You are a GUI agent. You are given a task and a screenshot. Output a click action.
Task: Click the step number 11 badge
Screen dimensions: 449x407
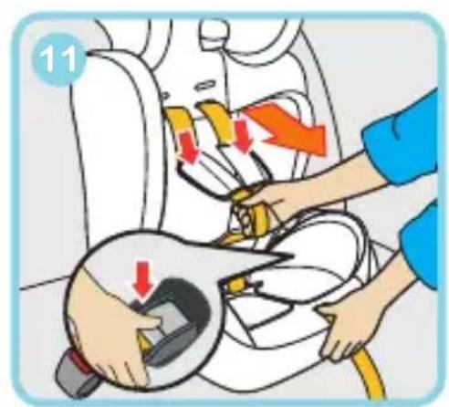click(x=58, y=58)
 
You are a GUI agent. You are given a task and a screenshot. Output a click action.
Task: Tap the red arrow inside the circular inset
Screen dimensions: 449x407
click(x=143, y=279)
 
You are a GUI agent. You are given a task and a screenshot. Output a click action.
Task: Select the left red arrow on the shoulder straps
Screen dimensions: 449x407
click(x=188, y=147)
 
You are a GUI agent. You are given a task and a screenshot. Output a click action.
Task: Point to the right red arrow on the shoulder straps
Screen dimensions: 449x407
click(x=243, y=135)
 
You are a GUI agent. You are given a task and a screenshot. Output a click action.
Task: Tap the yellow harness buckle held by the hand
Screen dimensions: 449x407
click(x=254, y=213)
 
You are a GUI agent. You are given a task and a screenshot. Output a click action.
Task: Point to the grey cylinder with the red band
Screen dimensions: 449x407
click(x=75, y=372)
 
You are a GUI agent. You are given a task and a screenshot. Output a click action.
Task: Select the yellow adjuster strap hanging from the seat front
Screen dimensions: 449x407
click(x=367, y=377)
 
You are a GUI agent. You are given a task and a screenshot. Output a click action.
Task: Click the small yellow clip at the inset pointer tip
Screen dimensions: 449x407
click(x=235, y=286)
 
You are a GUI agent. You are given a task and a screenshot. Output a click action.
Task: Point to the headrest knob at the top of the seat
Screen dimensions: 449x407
click(x=215, y=34)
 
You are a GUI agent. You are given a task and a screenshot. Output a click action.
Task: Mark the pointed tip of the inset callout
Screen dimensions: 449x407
click(x=291, y=257)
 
